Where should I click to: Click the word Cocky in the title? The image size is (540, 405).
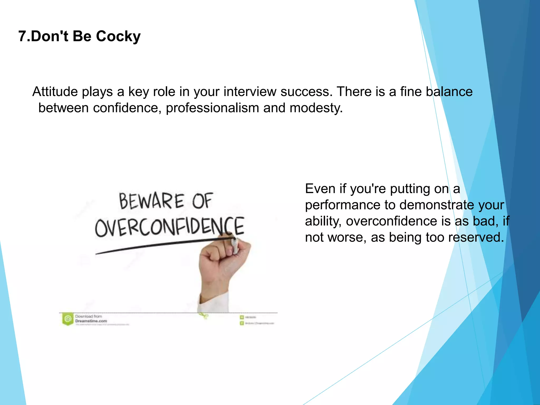(x=118, y=36)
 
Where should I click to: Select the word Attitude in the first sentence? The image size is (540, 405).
(x=55, y=92)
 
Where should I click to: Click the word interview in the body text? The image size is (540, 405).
(x=250, y=92)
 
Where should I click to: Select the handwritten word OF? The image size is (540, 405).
(x=202, y=201)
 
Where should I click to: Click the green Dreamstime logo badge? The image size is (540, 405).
(x=68, y=319)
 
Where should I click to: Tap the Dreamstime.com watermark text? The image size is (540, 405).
(x=91, y=321)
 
